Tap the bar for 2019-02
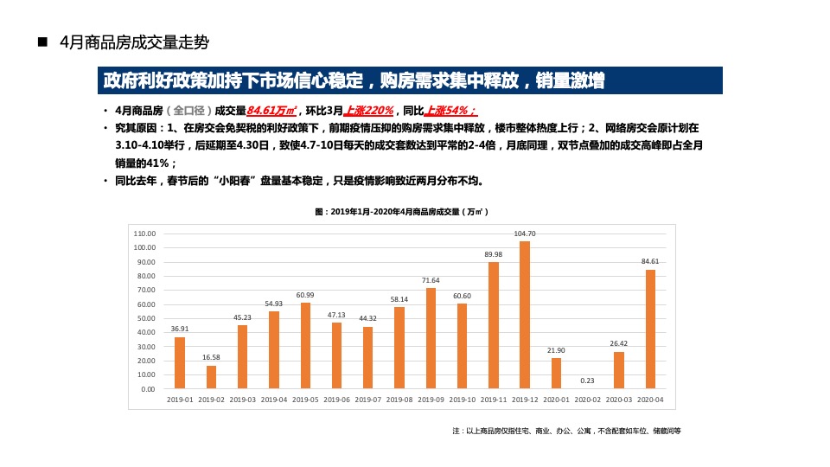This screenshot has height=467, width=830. pyautogui.click(x=211, y=377)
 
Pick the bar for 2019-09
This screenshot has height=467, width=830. pyautogui.click(x=431, y=338)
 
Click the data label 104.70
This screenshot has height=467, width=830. pyautogui.click(x=525, y=233)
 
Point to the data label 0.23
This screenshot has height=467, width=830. pyautogui.click(x=588, y=381)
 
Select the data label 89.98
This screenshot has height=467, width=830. pyautogui.click(x=494, y=254)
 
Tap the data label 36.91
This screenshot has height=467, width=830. pyautogui.click(x=180, y=329)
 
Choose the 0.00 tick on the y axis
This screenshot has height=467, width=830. pyautogui.click(x=148, y=389)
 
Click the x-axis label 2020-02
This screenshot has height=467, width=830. pyautogui.click(x=588, y=400)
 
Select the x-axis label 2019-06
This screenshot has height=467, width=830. pyautogui.click(x=336, y=400)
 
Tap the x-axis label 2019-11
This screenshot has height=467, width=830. pyautogui.click(x=494, y=400)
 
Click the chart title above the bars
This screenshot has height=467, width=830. pyautogui.click(x=402, y=211)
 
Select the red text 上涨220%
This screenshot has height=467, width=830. pyautogui.click(x=369, y=111)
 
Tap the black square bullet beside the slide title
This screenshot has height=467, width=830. pyautogui.click(x=41, y=42)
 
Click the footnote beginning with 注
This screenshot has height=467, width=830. pyautogui.click(x=566, y=431)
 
